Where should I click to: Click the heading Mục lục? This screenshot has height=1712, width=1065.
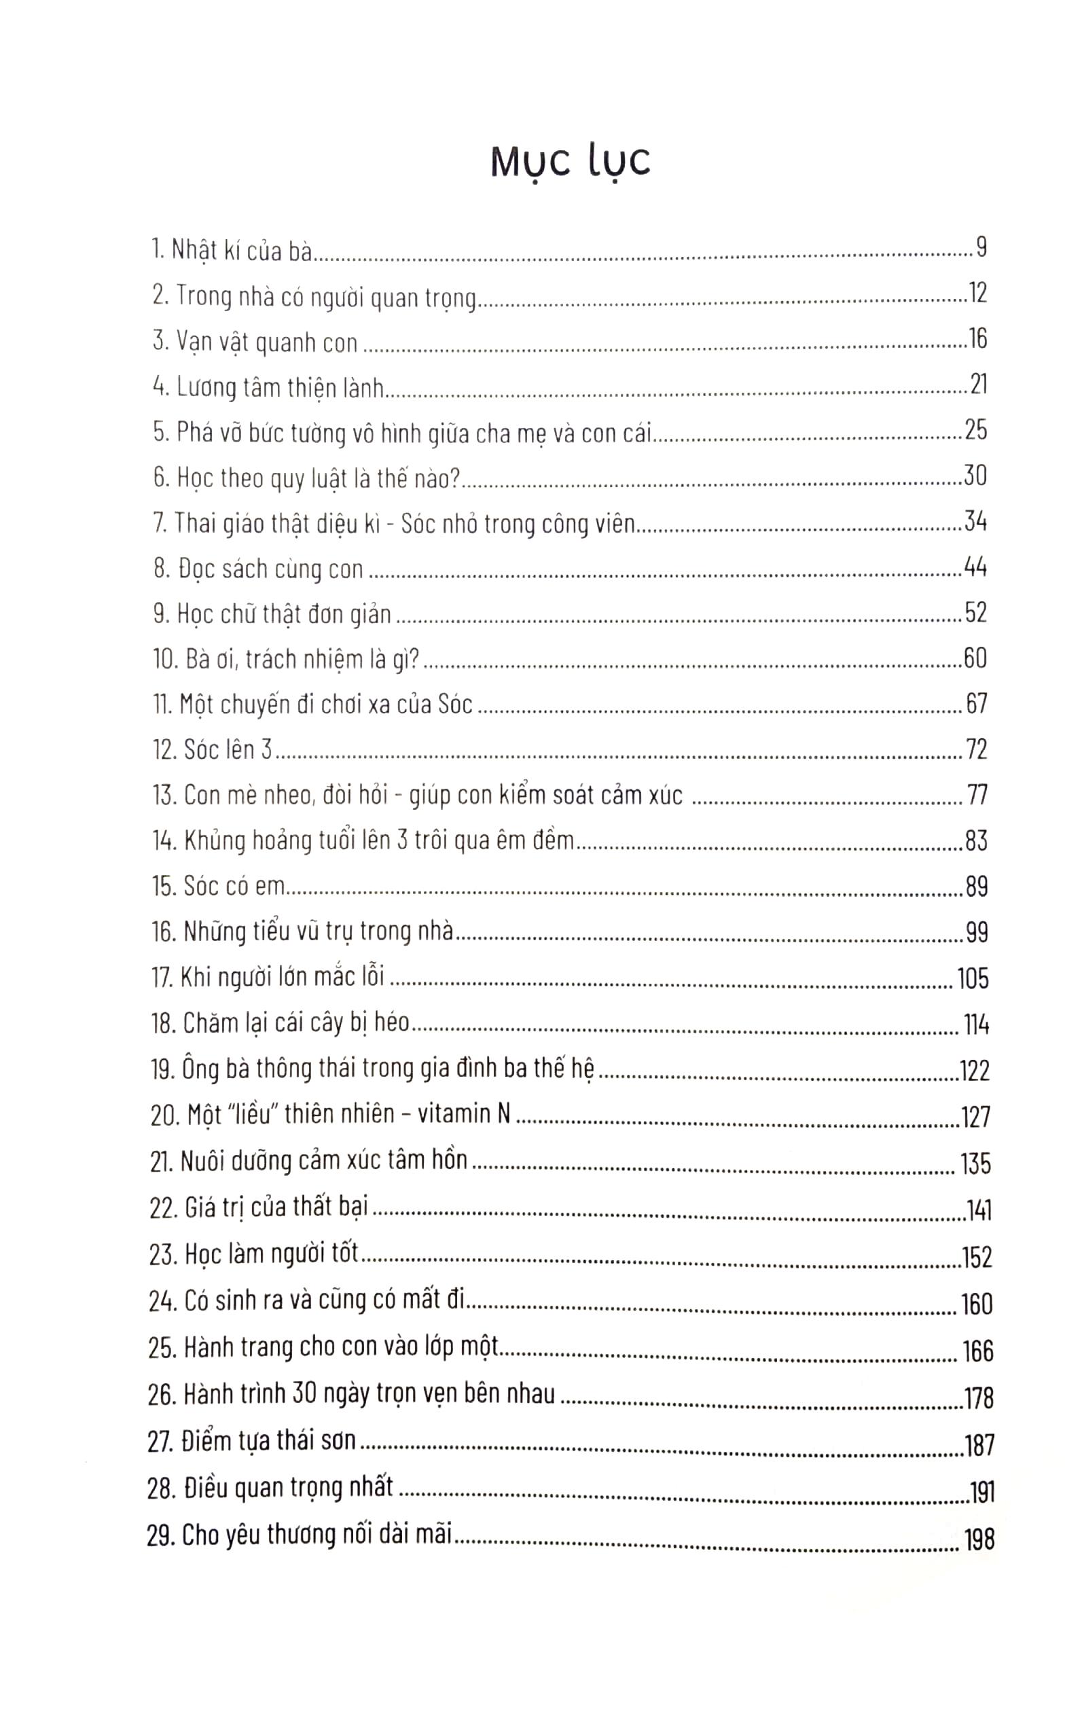pyautogui.click(x=570, y=162)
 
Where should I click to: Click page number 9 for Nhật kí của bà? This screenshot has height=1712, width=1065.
pyautogui.click(x=981, y=247)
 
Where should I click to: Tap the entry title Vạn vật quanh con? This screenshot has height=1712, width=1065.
pyautogui.click(x=267, y=342)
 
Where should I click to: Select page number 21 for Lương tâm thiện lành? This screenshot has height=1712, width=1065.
pyautogui.click(x=978, y=385)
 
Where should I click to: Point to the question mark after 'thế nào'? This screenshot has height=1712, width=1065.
pyautogui.click(x=454, y=478)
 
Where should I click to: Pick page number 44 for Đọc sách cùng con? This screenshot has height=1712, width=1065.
pyautogui.click(x=975, y=567)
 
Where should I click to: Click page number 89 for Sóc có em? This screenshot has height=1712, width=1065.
pyautogui.click(x=976, y=887)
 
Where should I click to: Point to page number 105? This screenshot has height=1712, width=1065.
pyautogui.click(x=973, y=978)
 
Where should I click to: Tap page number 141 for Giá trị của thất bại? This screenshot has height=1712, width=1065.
pyautogui.click(x=978, y=1211)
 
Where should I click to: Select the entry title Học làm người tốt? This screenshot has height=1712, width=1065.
pyautogui.click(x=271, y=1255)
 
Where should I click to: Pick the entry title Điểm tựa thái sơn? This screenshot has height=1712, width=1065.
pyautogui.click(x=268, y=1441)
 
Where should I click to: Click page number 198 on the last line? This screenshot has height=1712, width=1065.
pyautogui.click(x=979, y=1540)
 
